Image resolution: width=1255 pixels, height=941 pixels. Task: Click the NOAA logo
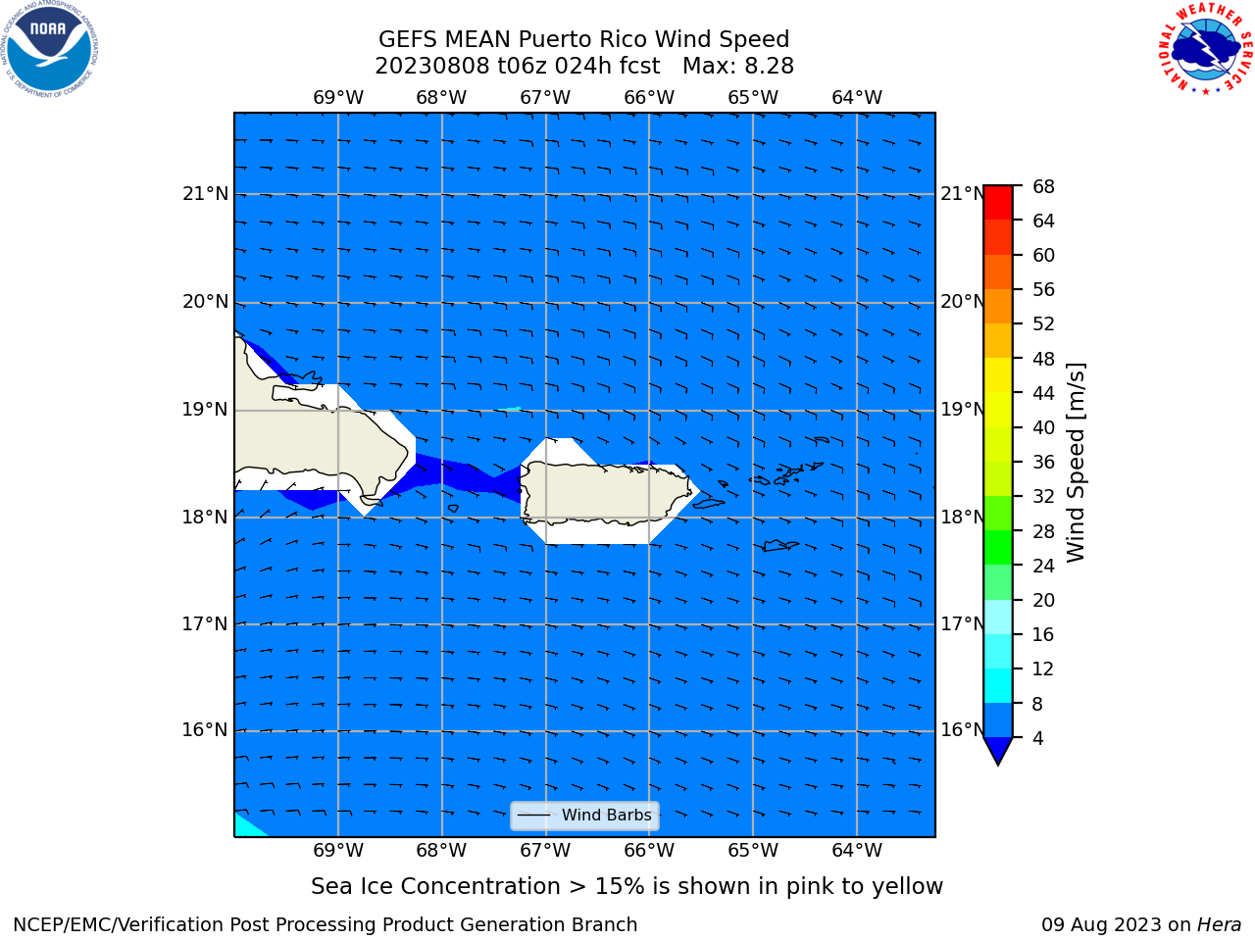(50, 49)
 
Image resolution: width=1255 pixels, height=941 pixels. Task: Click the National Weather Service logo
(1205, 48)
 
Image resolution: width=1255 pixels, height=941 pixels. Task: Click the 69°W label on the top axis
(338, 98)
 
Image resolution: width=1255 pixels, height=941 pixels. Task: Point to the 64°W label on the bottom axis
(857, 851)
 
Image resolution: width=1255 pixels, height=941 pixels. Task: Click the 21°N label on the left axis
(205, 194)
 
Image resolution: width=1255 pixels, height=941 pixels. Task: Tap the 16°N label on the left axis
(205, 731)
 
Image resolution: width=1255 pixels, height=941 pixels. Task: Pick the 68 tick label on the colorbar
(1043, 187)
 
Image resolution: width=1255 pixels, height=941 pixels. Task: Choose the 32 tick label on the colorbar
(1043, 497)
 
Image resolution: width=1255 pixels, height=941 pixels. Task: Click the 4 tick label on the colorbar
(1038, 739)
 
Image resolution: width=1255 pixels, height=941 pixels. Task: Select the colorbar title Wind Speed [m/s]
(1076, 463)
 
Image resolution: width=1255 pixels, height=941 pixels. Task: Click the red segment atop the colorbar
(998, 203)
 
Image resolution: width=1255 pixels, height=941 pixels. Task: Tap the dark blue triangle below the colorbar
(998, 749)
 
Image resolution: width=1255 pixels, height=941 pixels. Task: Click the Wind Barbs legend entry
(584, 816)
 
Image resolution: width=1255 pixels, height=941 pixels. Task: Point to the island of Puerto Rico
(605, 492)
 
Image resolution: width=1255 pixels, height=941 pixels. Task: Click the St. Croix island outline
(779, 546)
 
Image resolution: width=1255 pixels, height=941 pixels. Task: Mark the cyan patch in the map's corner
(247, 826)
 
